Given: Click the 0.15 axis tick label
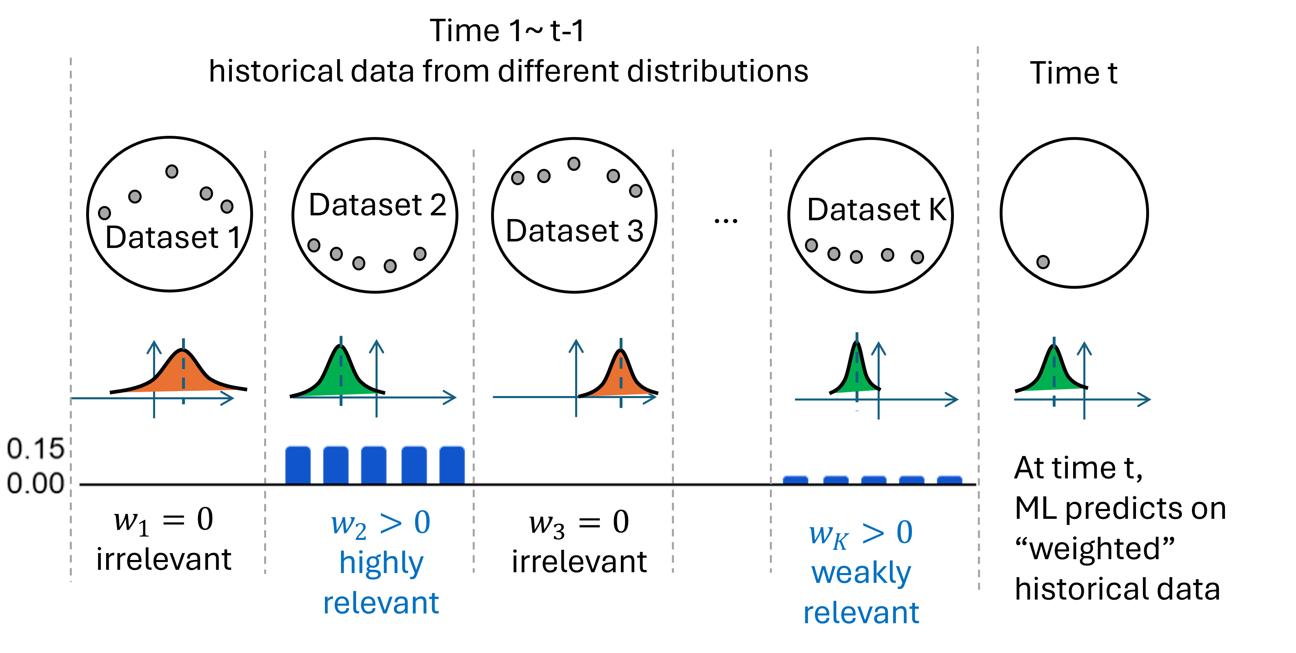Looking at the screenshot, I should (35, 448).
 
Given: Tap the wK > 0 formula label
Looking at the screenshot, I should (861, 533).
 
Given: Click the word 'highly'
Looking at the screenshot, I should (381, 562).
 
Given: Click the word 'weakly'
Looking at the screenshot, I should (861, 573).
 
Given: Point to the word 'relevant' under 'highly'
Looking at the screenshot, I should (381, 603).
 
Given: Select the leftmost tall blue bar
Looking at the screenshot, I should (298, 465).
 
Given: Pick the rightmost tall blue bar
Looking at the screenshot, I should (452, 465).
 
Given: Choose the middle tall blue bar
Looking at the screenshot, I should (373, 465).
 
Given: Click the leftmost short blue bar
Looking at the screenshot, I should (796, 480).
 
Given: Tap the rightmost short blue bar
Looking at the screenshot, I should (949, 480).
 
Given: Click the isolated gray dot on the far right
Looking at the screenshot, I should (1043, 262).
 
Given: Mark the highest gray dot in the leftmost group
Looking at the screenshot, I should (171, 171).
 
